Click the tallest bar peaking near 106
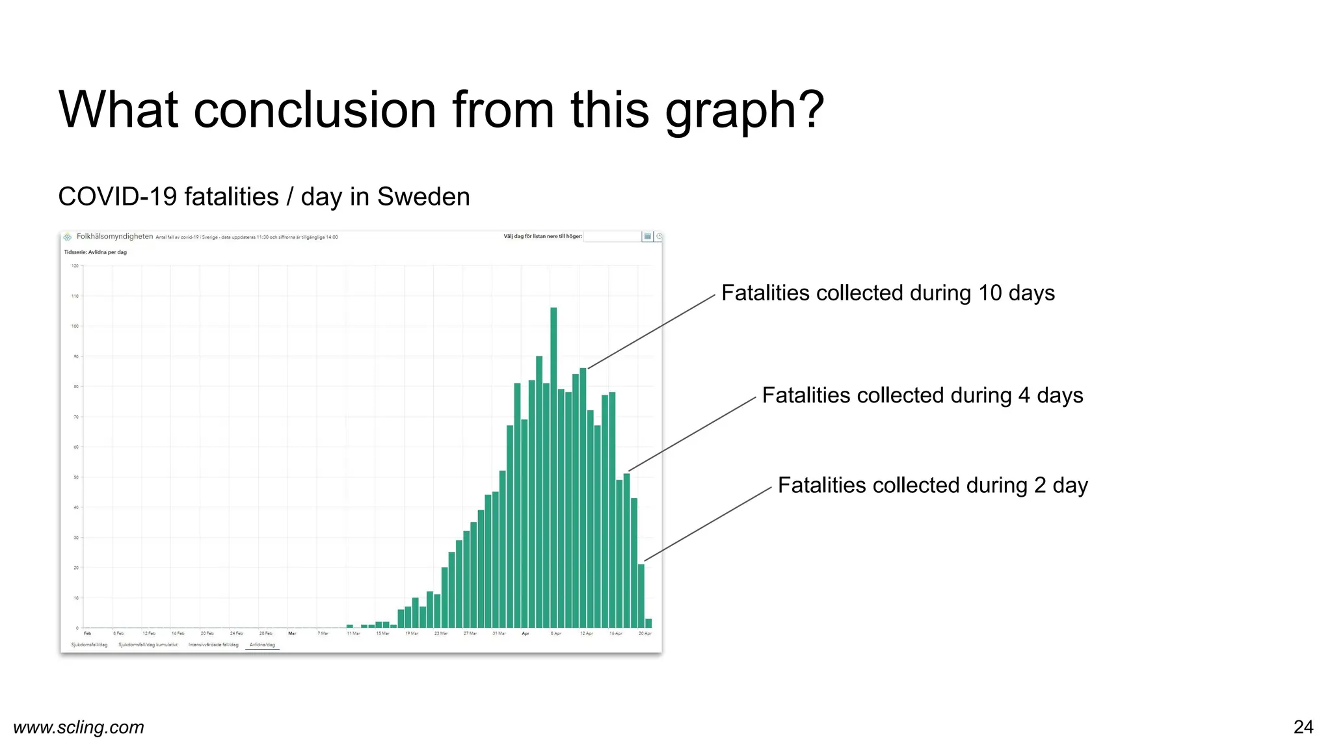pos(553,468)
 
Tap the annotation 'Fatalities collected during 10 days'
pos(888,293)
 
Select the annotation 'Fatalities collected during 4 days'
pos(922,395)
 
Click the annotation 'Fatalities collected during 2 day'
pos(933,486)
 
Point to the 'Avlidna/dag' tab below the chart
pos(262,645)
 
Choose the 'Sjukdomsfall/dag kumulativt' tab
pos(148,645)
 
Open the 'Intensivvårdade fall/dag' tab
pos(213,645)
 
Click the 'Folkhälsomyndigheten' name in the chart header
pos(114,237)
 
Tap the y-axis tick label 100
pos(75,326)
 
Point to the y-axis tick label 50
pos(76,477)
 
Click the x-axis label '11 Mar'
pos(353,633)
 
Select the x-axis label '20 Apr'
pos(645,633)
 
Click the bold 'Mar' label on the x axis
pos(292,633)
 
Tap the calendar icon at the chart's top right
pos(647,237)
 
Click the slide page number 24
pos(1303,727)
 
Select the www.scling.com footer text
pos(79,727)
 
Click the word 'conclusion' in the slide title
pos(315,109)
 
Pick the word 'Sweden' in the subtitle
pos(423,197)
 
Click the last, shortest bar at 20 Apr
pos(648,624)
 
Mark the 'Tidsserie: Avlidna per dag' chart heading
pos(96,252)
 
